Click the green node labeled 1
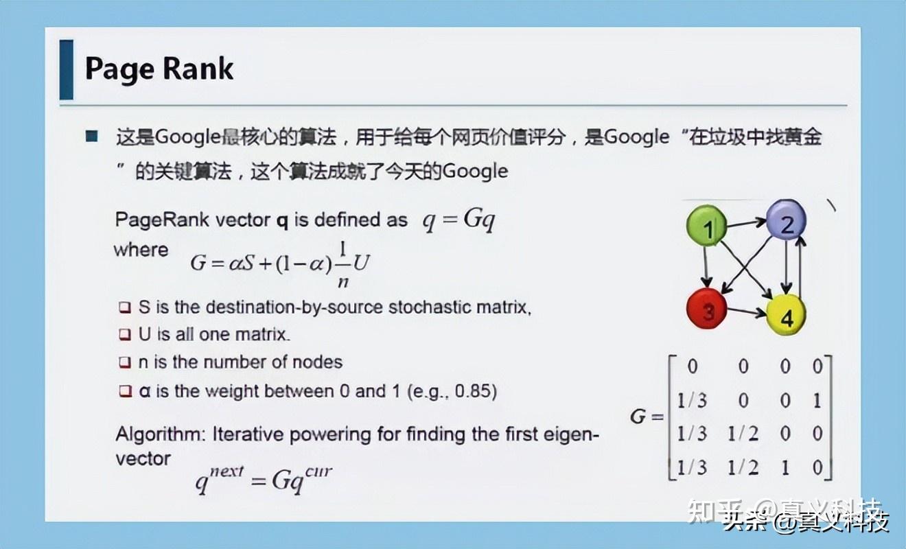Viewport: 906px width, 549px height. point(707,227)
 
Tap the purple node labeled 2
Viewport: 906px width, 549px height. point(786,221)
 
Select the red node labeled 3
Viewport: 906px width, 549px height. point(707,309)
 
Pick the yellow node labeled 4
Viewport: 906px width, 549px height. point(786,316)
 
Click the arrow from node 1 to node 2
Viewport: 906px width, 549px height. point(746,222)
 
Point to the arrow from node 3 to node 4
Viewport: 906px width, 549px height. point(747,313)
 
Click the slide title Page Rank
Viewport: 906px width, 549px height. point(159,69)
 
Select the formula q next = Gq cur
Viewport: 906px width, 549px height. point(264,478)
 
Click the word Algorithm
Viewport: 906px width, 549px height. point(160,434)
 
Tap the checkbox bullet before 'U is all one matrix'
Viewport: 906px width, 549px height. point(124,335)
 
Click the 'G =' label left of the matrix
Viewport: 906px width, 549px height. point(647,416)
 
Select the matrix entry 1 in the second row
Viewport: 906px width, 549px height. point(817,401)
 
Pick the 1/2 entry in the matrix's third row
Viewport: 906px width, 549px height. point(743,434)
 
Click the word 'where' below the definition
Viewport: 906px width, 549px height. point(141,249)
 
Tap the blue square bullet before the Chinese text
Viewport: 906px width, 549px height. point(92,137)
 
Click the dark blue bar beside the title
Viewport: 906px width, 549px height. point(66,69)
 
